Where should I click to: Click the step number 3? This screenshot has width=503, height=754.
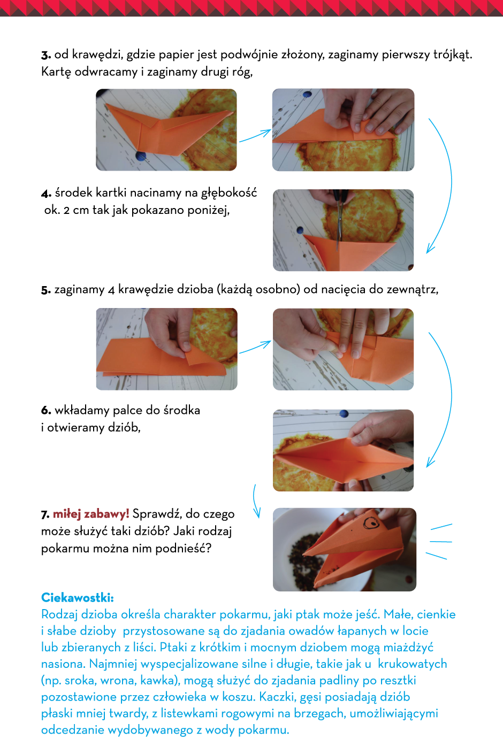(x=46, y=55)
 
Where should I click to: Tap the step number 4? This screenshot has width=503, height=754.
(x=46, y=194)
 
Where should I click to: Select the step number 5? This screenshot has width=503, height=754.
(x=46, y=290)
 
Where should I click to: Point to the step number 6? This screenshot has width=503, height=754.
(x=46, y=411)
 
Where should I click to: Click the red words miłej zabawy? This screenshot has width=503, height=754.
(x=91, y=514)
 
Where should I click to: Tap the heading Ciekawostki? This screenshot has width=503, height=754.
(x=78, y=598)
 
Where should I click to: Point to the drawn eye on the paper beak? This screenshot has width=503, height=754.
(x=371, y=522)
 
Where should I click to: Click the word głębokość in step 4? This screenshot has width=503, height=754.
(x=229, y=193)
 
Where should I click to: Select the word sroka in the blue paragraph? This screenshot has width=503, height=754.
(x=79, y=681)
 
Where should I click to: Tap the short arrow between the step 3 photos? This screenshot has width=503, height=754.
(x=255, y=135)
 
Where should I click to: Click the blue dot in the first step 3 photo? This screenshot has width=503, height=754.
(x=141, y=156)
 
